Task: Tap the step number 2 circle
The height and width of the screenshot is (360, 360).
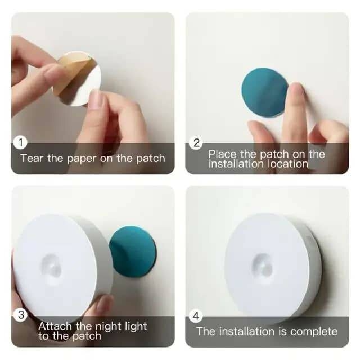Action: pos(196,143)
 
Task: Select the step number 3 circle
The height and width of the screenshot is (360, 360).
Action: pos(21,314)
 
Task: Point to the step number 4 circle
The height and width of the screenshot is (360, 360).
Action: pos(196,315)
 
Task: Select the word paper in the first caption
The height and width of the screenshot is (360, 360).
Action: pos(82,158)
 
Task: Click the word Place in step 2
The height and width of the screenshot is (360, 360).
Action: pos(223,154)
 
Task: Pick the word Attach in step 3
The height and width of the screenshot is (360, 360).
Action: pos(56,326)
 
